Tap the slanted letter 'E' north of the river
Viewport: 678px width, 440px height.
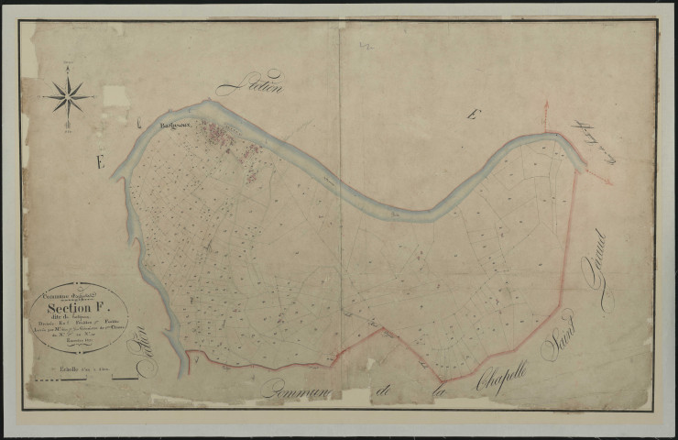[x=472, y=115]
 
